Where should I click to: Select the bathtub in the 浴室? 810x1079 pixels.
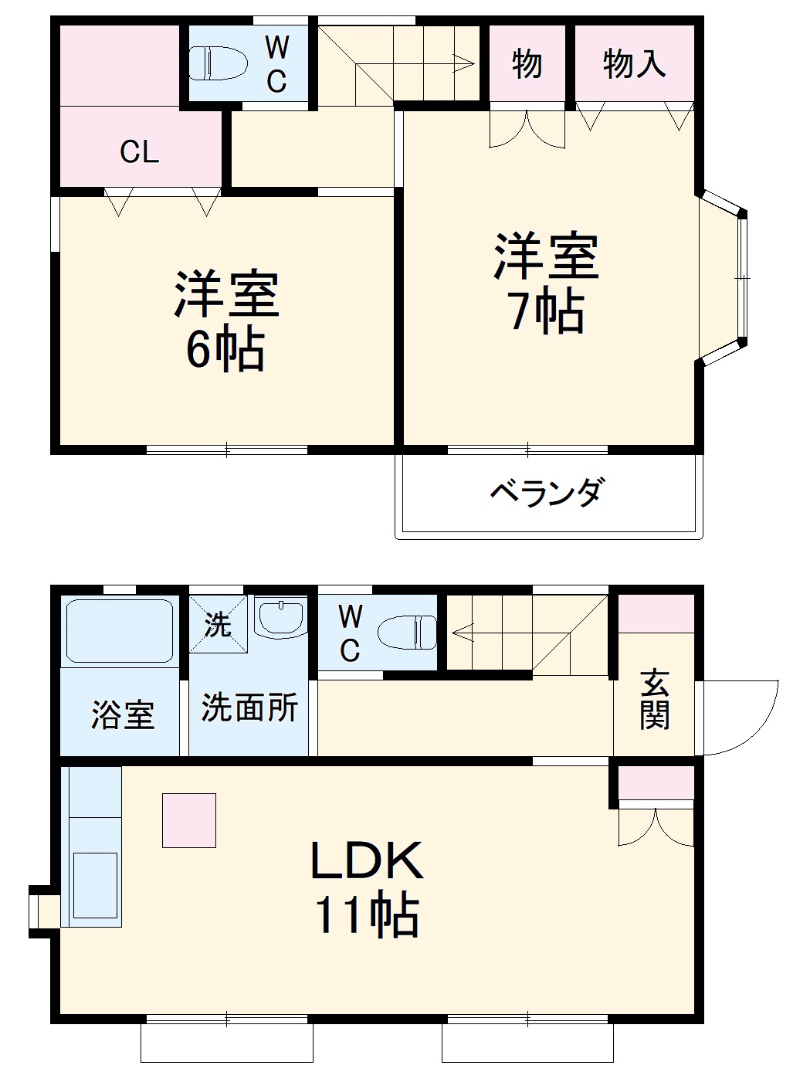[119, 631]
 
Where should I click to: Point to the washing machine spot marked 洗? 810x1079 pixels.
[218, 624]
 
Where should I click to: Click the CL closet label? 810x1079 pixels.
[139, 151]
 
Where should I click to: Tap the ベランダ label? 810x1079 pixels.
[547, 492]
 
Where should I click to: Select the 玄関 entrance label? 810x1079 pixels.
[654, 700]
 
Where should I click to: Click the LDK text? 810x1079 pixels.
[366, 861]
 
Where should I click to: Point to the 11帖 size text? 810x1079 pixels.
[366, 916]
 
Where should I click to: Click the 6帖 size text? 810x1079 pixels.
[225, 350]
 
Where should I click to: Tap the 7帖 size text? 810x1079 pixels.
[545, 311]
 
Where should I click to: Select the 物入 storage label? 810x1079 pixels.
[633, 63]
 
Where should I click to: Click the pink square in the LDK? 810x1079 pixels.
[188, 820]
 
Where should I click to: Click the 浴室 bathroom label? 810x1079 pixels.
[123, 715]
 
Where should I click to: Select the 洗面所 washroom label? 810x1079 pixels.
[249, 707]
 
